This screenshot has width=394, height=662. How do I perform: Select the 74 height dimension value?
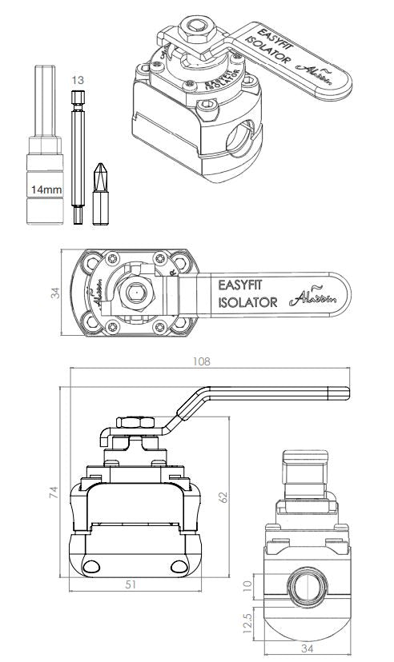click(53, 493)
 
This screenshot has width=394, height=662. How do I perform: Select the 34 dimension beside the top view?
click(55, 293)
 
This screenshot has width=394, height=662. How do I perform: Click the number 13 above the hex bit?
click(78, 80)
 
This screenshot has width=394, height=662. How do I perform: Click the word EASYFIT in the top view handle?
click(245, 284)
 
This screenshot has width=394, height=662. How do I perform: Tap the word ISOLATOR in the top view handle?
click(247, 302)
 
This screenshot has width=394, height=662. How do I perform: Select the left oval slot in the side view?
click(93, 567)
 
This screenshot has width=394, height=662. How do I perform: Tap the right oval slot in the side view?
click(179, 567)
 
